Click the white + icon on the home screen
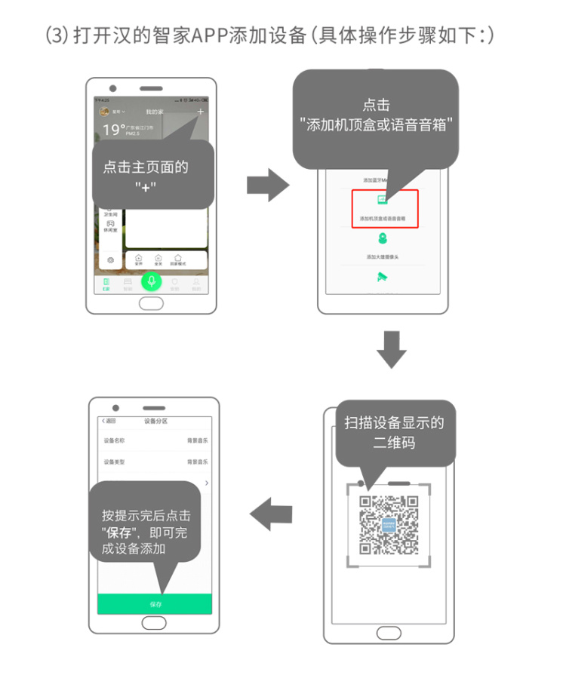pyautogui.click(x=200, y=112)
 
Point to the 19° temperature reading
pyautogui.click(x=114, y=130)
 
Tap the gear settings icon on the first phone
pyautogui.click(x=110, y=259)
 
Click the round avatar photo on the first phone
pyautogui.click(x=105, y=112)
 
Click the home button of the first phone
pyautogui.click(x=152, y=304)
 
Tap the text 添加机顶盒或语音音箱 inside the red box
pyautogui.click(x=383, y=218)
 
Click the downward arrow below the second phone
pyautogui.click(x=391, y=349)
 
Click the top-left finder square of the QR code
pyautogui.click(x=366, y=502)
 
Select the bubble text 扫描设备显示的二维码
pyautogui.click(x=394, y=432)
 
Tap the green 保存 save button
pyautogui.click(x=155, y=604)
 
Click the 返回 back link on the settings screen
pyautogui.click(x=109, y=421)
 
